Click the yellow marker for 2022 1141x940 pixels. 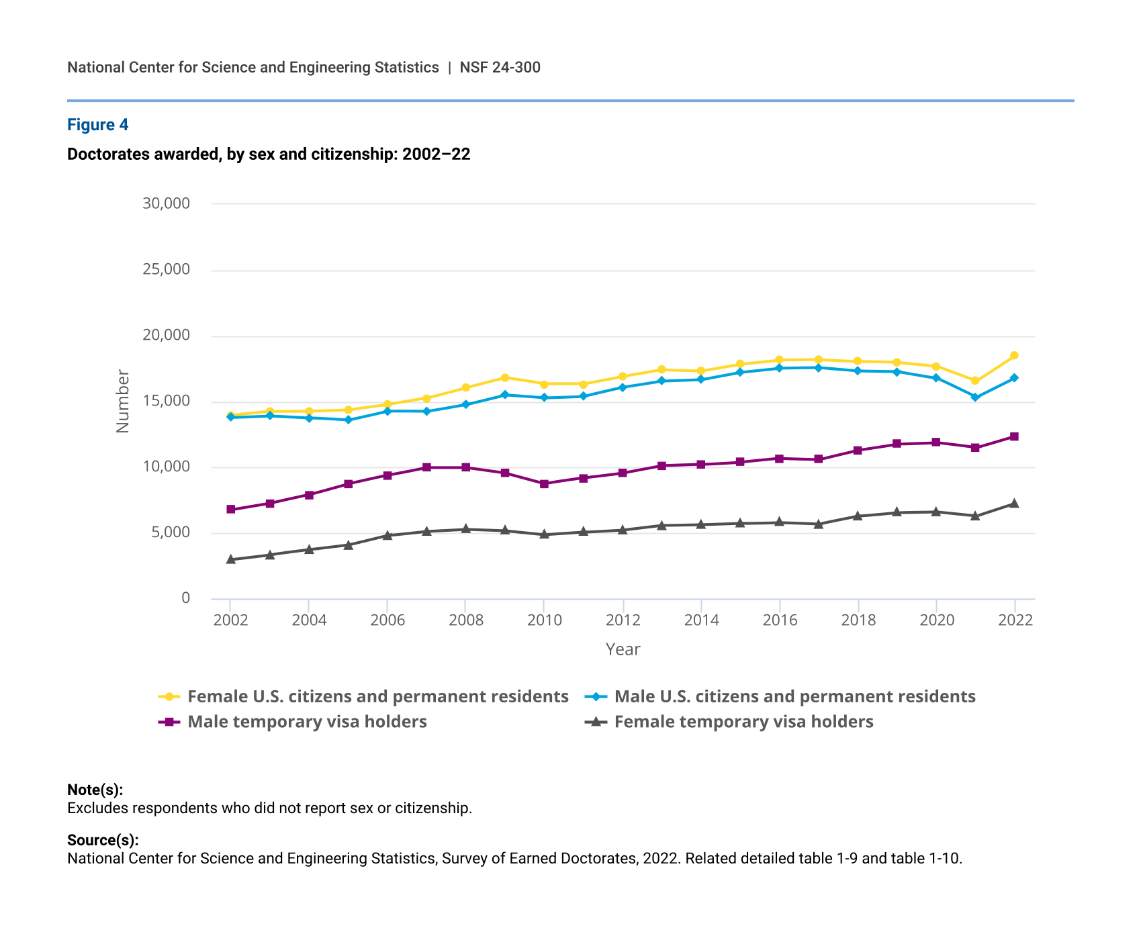click(1014, 355)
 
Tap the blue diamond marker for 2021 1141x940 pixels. click(975, 397)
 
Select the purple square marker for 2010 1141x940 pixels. click(544, 483)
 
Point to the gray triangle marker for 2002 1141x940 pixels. click(230, 559)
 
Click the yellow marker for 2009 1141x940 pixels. click(505, 377)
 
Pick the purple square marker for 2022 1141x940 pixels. click(1014, 436)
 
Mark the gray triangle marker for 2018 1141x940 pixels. click(858, 516)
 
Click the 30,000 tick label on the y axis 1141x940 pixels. click(166, 203)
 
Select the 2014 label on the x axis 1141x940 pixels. click(701, 620)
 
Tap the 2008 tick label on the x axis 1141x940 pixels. click(466, 620)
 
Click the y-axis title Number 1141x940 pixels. click(122, 401)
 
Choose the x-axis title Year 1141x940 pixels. click(623, 649)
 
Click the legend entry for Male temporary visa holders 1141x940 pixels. click(307, 722)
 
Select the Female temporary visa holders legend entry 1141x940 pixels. click(743, 722)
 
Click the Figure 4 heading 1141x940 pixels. click(97, 125)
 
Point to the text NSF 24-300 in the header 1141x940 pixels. click(500, 67)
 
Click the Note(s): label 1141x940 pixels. click(95, 790)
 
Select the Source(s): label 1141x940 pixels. click(103, 840)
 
